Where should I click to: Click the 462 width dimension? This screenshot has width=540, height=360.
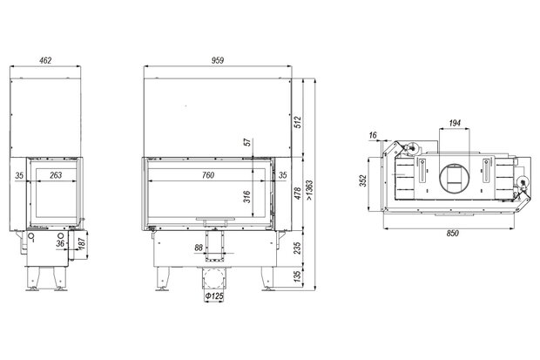(45, 60)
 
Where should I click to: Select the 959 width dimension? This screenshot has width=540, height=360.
(218, 60)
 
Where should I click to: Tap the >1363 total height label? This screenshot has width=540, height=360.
(309, 190)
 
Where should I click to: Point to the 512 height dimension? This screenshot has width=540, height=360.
(298, 122)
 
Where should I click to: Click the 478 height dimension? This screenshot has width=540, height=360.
(298, 194)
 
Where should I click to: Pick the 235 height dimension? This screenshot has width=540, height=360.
(298, 248)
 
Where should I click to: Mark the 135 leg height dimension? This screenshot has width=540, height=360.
(298, 275)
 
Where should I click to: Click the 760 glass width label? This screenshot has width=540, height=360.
(208, 175)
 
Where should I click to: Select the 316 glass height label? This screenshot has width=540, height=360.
(247, 197)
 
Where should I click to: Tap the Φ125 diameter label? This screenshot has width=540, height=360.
(214, 295)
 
